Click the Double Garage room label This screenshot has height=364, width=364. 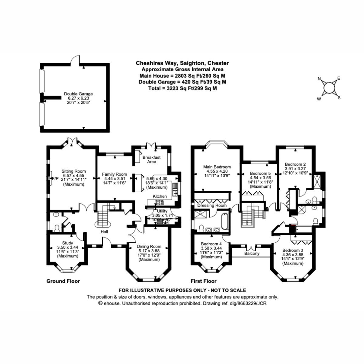point(78,94)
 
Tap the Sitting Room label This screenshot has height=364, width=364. point(73,171)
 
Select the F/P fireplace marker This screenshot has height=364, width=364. point(55,178)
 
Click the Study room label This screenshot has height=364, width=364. point(67,243)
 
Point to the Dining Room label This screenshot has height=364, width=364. point(149,247)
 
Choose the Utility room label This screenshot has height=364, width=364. point(162,211)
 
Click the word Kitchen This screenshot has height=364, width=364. point(160,196)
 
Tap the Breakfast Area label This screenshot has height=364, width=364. point(151,160)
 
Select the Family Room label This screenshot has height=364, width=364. point(114,174)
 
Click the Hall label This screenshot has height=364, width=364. point(104,231)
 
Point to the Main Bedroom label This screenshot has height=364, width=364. point(217,167)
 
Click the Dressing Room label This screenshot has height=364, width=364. point(212,205)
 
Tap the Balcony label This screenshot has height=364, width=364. point(252,254)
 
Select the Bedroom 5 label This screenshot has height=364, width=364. point(260,174)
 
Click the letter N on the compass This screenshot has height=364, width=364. point(319,79)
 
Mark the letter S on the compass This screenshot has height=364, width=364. point(339,98)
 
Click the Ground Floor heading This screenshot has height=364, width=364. point(63,281)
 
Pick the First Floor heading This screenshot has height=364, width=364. point(204,281)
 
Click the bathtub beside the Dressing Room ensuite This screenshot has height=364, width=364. point(225,221)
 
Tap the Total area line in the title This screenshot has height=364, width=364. point(183,88)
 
